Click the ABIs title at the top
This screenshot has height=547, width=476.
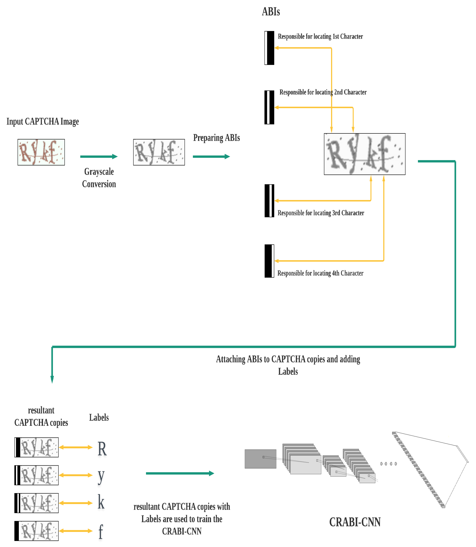pyautogui.click(x=271, y=12)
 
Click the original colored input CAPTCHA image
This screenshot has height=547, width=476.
pyautogui.click(x=41, y=152)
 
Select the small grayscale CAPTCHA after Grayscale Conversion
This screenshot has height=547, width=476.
pyautogui.click(x=159, y=152)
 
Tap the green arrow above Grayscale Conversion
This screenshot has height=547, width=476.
pyautogui.click(x=99, y=156)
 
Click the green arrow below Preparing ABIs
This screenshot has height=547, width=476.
pyautogui.click(x=211, y=156)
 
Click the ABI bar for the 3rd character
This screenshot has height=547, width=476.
pyautogui.click(x=269, y=201)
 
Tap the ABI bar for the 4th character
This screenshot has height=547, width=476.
pyautogui.click(x=269, y=261)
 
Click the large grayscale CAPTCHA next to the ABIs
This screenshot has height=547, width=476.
pyautogui.click(x=364, y=154)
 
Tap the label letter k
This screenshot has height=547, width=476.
pyautogui.click(x=101, y=502)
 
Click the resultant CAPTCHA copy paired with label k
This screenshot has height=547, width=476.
pyautogui.click(x=36, y=503)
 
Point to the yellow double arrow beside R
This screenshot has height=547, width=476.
pyautogui.click(x=76, y=447)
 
